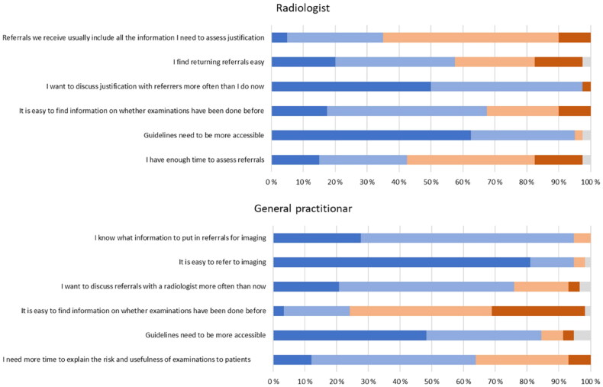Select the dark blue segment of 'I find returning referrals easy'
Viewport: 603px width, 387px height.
point(303,62)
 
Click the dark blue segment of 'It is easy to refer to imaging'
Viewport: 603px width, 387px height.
point(401,263)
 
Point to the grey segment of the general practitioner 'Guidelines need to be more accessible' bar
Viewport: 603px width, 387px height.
point(582,335)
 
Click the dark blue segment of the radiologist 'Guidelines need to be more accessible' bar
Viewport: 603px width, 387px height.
point(371,135)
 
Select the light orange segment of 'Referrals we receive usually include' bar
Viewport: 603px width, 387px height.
point(470,37)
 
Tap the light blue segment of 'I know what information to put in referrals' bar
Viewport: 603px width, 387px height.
point(467,238)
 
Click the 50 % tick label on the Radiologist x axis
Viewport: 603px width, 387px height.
point(430,182)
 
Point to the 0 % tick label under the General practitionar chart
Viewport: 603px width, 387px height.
point(273,379)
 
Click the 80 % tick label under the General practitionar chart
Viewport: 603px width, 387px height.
point(527,379)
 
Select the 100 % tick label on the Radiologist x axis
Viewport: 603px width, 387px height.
point(590,182)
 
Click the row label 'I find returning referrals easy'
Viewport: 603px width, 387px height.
point(219,62)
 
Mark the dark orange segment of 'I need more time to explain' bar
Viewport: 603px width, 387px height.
point(579,360)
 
